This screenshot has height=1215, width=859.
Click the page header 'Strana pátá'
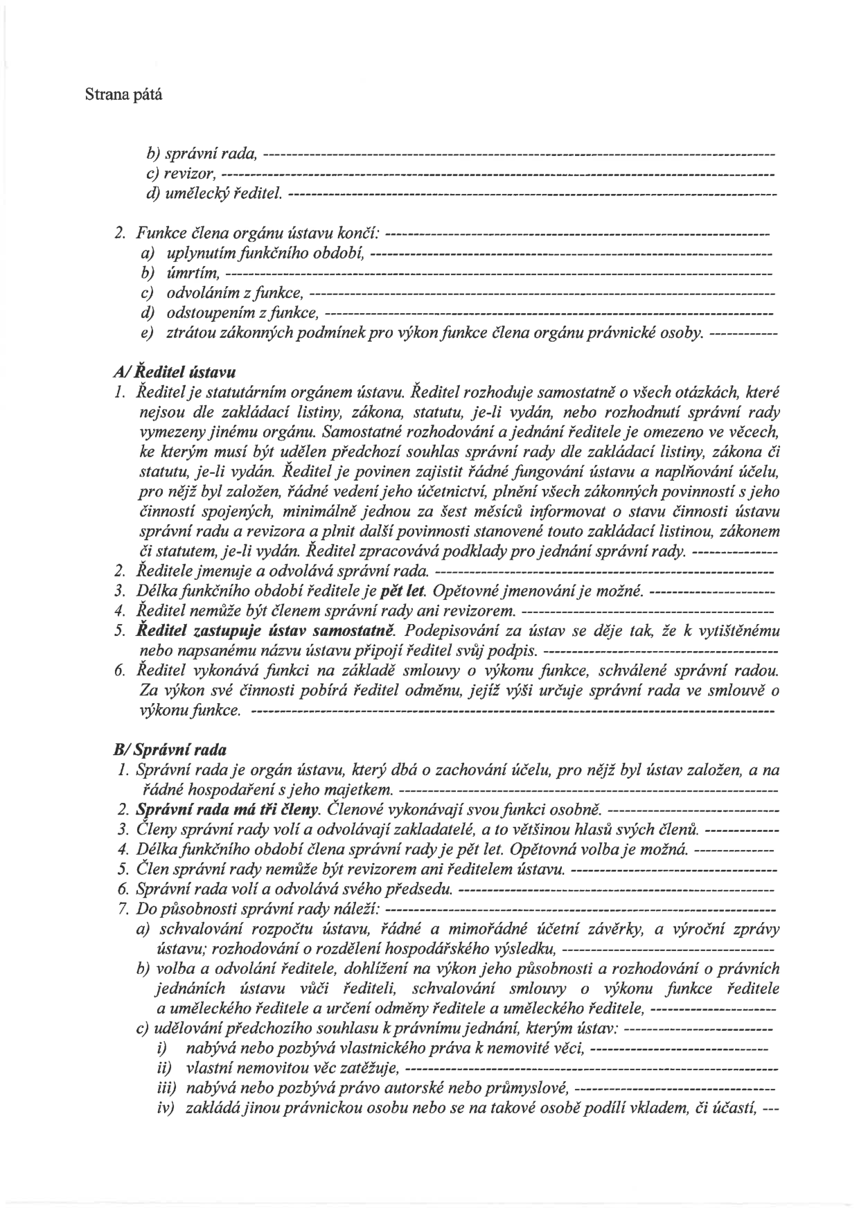pos(123,95)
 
